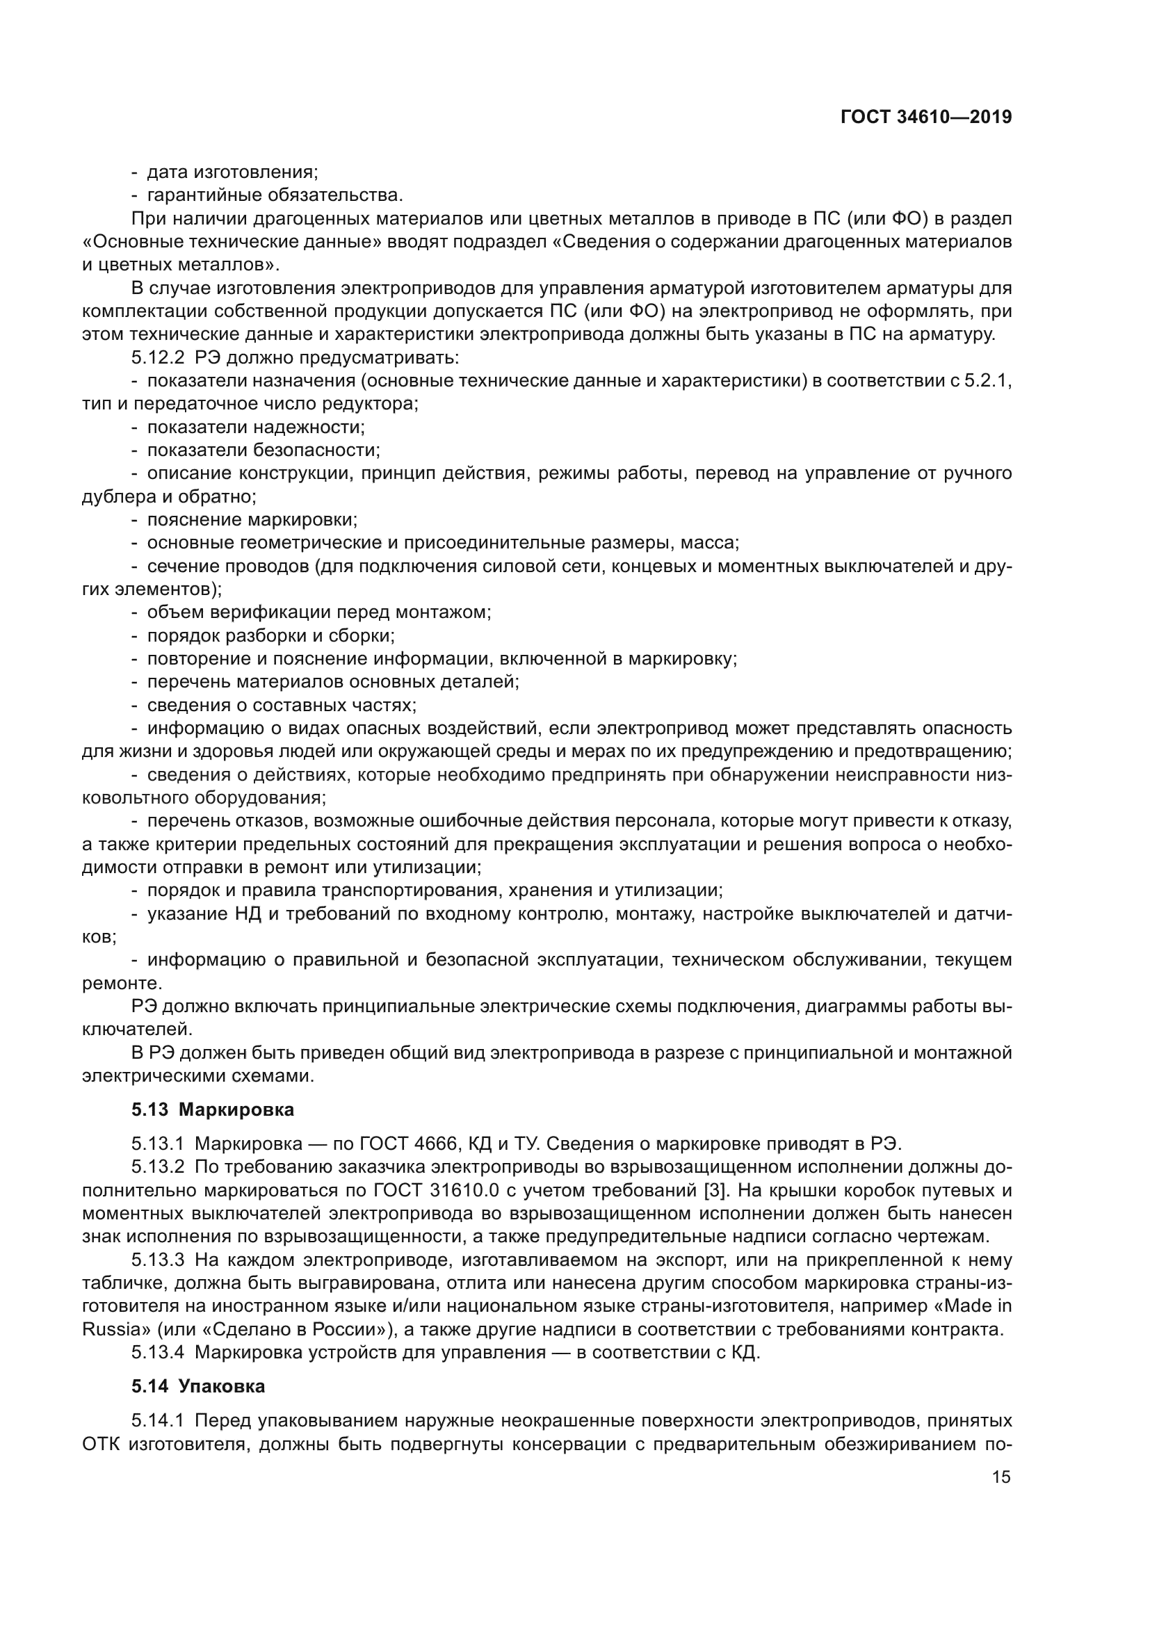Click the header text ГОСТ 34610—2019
pos(925,117)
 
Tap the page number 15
pos(1001,1477)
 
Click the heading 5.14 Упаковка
pos(198,1386)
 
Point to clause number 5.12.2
pos(157,357)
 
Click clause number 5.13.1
pos(157,1144)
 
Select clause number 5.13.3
pos(157,1260)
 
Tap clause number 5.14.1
pos(157,1421)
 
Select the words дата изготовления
pos(232,172)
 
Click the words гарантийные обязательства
pos(275,195)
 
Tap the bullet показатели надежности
pos(256,427)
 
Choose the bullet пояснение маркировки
pos(252,520)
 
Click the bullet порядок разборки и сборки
pos(270,635)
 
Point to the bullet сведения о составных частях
pos(281,705)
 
